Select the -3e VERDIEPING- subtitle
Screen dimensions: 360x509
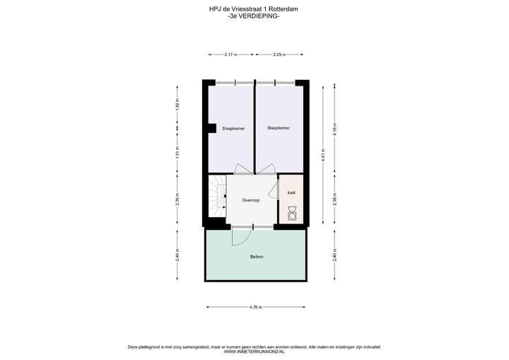pyautogui.click(x=254, y=17)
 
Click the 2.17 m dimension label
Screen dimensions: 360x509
pyautogui.click(x=230, y=54)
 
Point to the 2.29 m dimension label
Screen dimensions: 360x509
pyautogui.click(x=279, y=54)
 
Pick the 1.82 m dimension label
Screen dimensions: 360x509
pyautogui.click(x=177, y=104)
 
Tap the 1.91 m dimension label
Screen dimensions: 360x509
pyautogui.click(x=177, y=151)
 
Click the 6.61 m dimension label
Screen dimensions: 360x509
pyautogui.click(x=323, y=155)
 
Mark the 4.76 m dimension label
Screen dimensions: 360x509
pyautogui.click(x=255, y=307)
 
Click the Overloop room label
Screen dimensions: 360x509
pyautogui.click(x=251, y=200)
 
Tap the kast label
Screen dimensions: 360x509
pyautogui.click(x=291, y=192)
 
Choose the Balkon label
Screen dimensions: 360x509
pyautogui.click(x=257, y=256)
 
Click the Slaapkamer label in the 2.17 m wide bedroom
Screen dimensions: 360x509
pyautogui.click(x=233, y=129)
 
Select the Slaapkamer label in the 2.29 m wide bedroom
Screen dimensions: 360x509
pyautogui.click(x=279, y=128)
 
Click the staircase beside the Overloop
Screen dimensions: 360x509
pyautogui.click(x=216, y=200)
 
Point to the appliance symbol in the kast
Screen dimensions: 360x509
pyautogui.click(x=292, y=213)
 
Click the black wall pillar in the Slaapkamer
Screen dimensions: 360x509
pyautogui.click(x=211, y=127)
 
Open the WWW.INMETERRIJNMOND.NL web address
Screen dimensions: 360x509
pyautogui.click(x=254, y=352)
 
